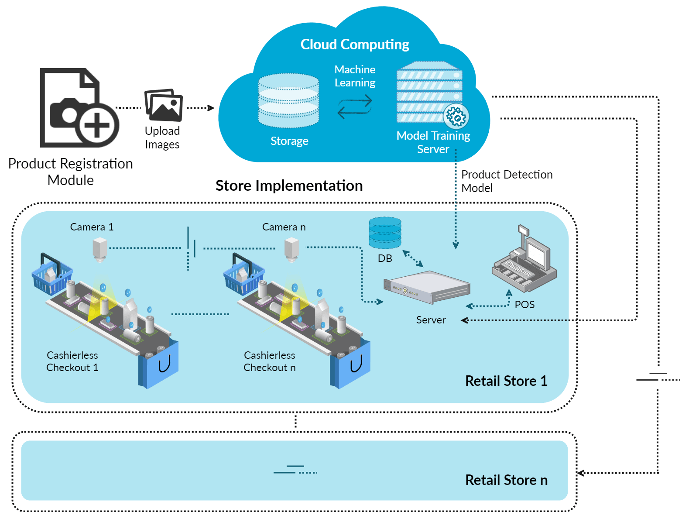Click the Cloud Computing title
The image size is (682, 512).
355,45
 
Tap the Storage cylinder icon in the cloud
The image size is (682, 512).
288,100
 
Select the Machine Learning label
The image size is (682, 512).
355,76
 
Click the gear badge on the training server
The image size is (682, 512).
456,117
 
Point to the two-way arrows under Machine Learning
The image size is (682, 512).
355,107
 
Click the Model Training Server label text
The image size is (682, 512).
433,142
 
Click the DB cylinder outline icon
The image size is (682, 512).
385,233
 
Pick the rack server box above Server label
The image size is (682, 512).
426,287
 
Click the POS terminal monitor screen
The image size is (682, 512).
537,253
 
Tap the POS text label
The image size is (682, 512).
524,305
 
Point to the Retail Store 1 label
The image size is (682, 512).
506,381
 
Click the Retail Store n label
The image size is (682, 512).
506,480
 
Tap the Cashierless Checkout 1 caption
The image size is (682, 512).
72,361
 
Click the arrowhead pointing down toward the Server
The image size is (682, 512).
456,246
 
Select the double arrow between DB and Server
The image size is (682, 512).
413,258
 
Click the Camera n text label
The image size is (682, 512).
284,227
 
